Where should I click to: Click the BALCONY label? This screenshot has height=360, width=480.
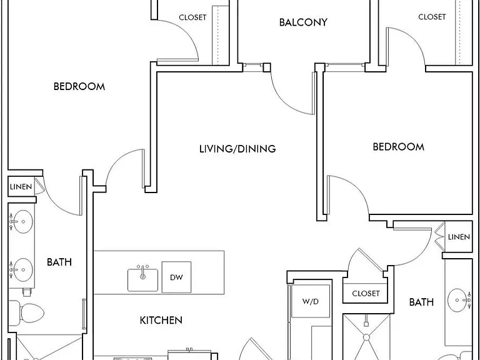pyautogui.click(x=303, y=22)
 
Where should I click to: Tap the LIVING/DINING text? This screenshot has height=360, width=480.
pyautogui.click(x=237, y=149)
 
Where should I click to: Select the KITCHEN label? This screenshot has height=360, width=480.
pyautogui.click(x=161, y=320)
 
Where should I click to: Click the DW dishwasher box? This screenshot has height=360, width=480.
pyautogui.click(x=176, y=277)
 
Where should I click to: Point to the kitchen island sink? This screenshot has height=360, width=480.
pyautogui.click(x=142, y=279)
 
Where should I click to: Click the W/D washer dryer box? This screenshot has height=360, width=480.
pyautogui.click(x=311, y=301)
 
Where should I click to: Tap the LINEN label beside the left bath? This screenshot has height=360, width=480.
pyautogui.click(x=21, y=186)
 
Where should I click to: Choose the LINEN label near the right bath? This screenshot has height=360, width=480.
pyautogui.click(x=459, y=237)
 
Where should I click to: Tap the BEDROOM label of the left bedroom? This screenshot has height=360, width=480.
pyautogui.click(x=79, y=86)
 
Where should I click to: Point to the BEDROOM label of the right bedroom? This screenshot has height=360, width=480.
pyautogui.click(x=399, y=147)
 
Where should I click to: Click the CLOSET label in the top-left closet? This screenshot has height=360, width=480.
pyautogui.click(x=192, y=17)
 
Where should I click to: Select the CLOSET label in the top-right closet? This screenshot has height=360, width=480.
pyautogui.click(x=432, y=16)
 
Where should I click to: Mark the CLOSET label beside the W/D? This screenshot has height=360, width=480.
pyautogui.click(x=366, y=294)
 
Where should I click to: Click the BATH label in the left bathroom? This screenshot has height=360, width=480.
pyautogui.click(x=59, y=262)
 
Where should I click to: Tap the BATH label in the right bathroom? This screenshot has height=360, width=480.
pyautogui.click(x=421, y=302)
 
